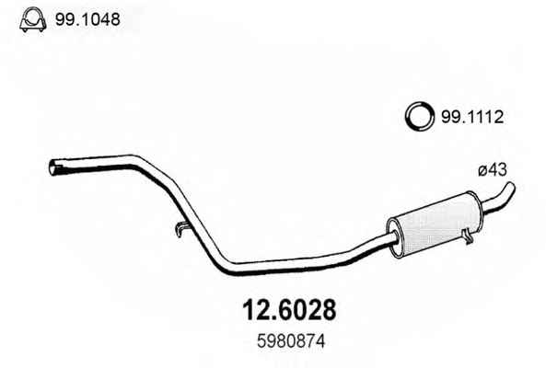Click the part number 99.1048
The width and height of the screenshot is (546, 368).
pyautogui.click(x=87, y=19)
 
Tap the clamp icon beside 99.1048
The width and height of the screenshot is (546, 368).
pyautogui.click(x=33, y=19)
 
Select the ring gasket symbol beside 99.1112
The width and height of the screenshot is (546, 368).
pyautogui.click(x=420, y=117)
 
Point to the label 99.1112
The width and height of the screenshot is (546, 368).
pyautogui.click(x=472, y=117)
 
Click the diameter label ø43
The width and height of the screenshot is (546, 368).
pyautogui.click(x=493, y=170)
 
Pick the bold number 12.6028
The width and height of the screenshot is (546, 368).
pyautogui.click(x=289, y=309)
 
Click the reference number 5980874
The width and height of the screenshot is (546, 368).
pyautogui.click(x=291, y=341)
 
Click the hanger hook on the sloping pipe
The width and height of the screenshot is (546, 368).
pyautogui.click(x=181, y=229)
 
